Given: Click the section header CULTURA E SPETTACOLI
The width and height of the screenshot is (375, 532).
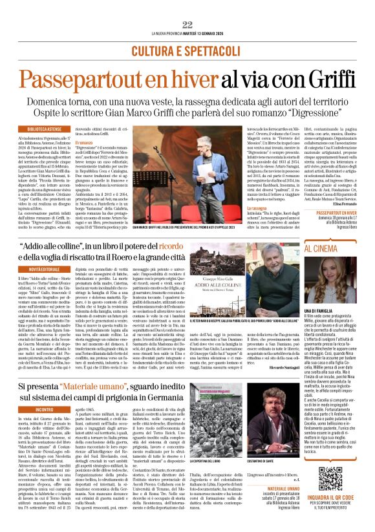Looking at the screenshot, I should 187,50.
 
